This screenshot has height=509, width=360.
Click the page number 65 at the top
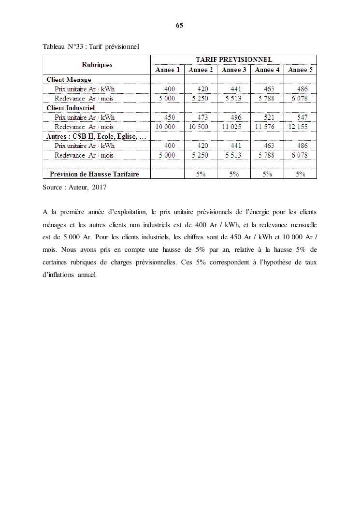179,25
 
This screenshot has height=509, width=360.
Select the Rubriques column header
97,65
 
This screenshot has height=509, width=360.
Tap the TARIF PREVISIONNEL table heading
233,59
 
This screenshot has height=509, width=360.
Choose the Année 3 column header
234,70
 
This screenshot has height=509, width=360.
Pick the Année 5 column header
300,70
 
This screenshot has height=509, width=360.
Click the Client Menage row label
69,79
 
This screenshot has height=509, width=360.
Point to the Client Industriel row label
71,108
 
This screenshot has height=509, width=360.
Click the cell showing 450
170,117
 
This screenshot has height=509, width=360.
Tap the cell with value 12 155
298,127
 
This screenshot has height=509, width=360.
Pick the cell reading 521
269,117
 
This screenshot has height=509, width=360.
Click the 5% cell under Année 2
201,174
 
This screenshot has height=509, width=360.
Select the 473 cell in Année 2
202,117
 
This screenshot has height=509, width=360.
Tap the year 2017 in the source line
99,187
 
